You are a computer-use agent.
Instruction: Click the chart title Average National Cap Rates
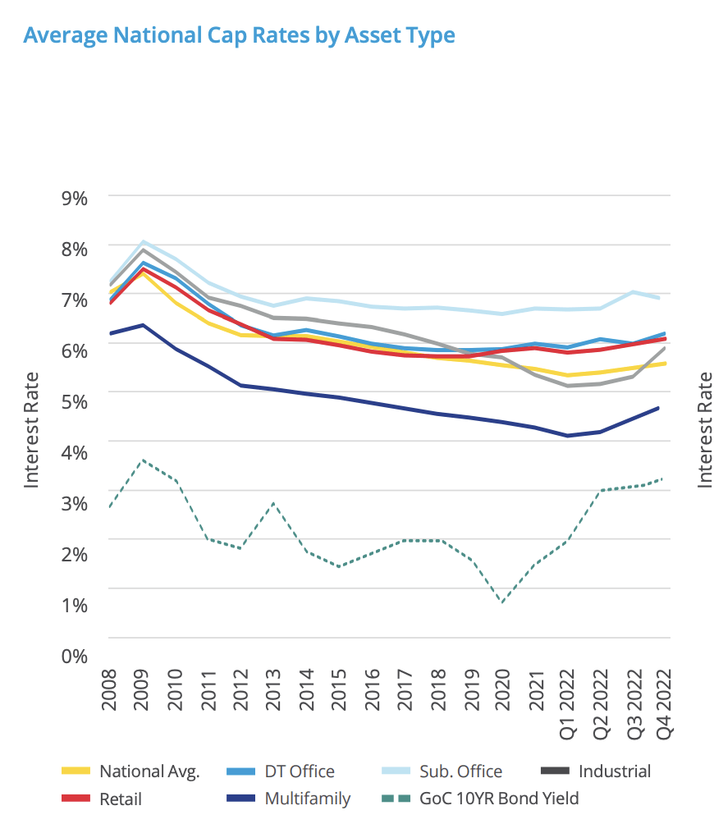coord(239,35)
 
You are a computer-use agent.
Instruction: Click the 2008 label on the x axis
coord(109,689)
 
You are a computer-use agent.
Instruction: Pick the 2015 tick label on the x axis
coord(339,689)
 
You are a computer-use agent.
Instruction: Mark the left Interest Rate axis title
coord(31,429)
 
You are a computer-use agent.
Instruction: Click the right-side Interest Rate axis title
coord(705,429)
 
